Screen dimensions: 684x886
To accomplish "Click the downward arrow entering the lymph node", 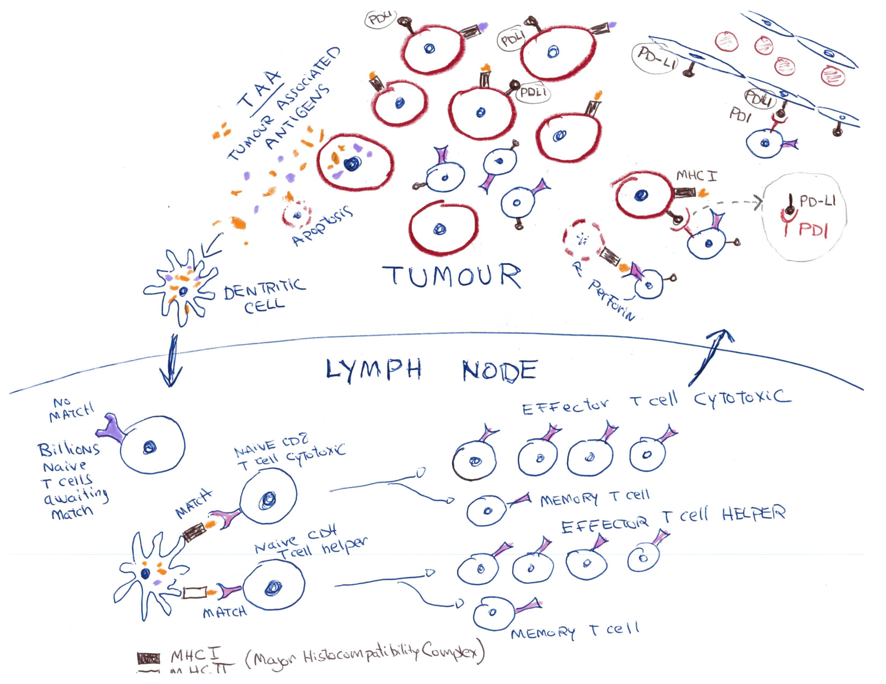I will click(x=172, y=361).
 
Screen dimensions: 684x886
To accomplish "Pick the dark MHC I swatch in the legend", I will click(x=148, y=659).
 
